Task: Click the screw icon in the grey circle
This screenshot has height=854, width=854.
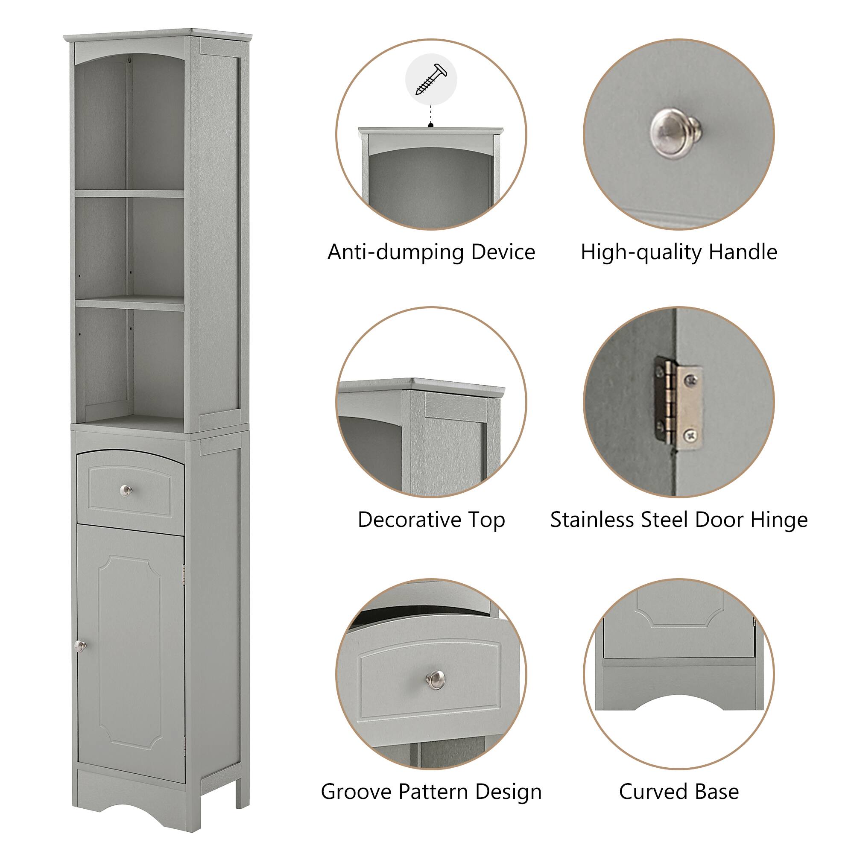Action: (x=431, y=79)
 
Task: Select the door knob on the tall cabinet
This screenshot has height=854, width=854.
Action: (x=80, y=646)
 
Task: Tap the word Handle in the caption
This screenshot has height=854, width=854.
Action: (x=743, y=252)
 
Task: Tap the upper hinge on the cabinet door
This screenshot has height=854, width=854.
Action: (x=184, y=575)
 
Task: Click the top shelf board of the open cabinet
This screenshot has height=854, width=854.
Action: (x=129, y=193)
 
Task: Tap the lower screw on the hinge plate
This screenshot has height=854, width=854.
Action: (x=690, y=436)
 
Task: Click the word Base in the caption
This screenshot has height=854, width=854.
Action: (x=716, y=792)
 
